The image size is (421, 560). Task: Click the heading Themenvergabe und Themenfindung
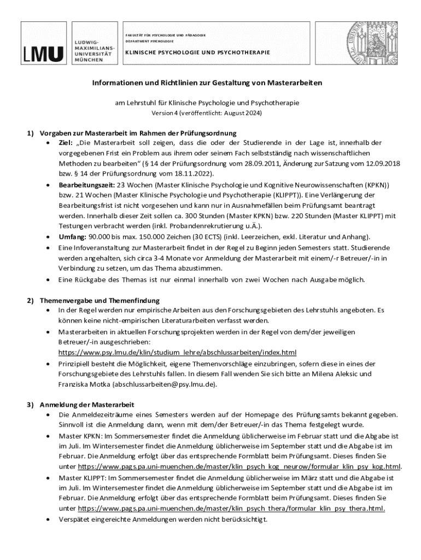coord(100,300)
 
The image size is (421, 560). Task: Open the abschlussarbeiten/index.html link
coord(177,353)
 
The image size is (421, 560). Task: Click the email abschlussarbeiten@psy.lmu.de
coord(164,384)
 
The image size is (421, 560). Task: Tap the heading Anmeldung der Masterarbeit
coord(87,405)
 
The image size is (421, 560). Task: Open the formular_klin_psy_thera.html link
coord(232,508)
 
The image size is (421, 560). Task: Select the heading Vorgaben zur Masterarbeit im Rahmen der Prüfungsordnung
coord(138,133)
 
